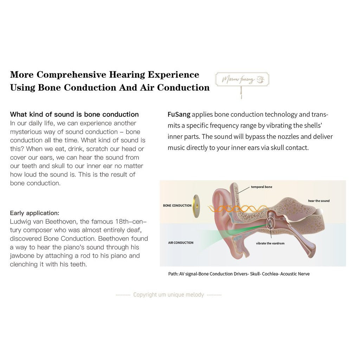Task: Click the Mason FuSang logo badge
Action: tap(242, 79)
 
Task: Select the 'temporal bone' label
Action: tap(262, 187)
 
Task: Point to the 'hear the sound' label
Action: tap(319, 201)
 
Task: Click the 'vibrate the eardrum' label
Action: tap(270, 243)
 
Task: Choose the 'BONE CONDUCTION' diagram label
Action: tap(177, 205)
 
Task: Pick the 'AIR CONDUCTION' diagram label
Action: tap(181, 243)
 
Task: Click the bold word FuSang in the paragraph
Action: tap(179, 114)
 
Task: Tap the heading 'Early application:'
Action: tap(34, 213)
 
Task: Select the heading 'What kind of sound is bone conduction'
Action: tap(75, 114)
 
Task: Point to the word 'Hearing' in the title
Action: tap(127, 75)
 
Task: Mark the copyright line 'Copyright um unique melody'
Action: tap(168, 295)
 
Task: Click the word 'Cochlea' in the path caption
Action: tap(270, 274)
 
